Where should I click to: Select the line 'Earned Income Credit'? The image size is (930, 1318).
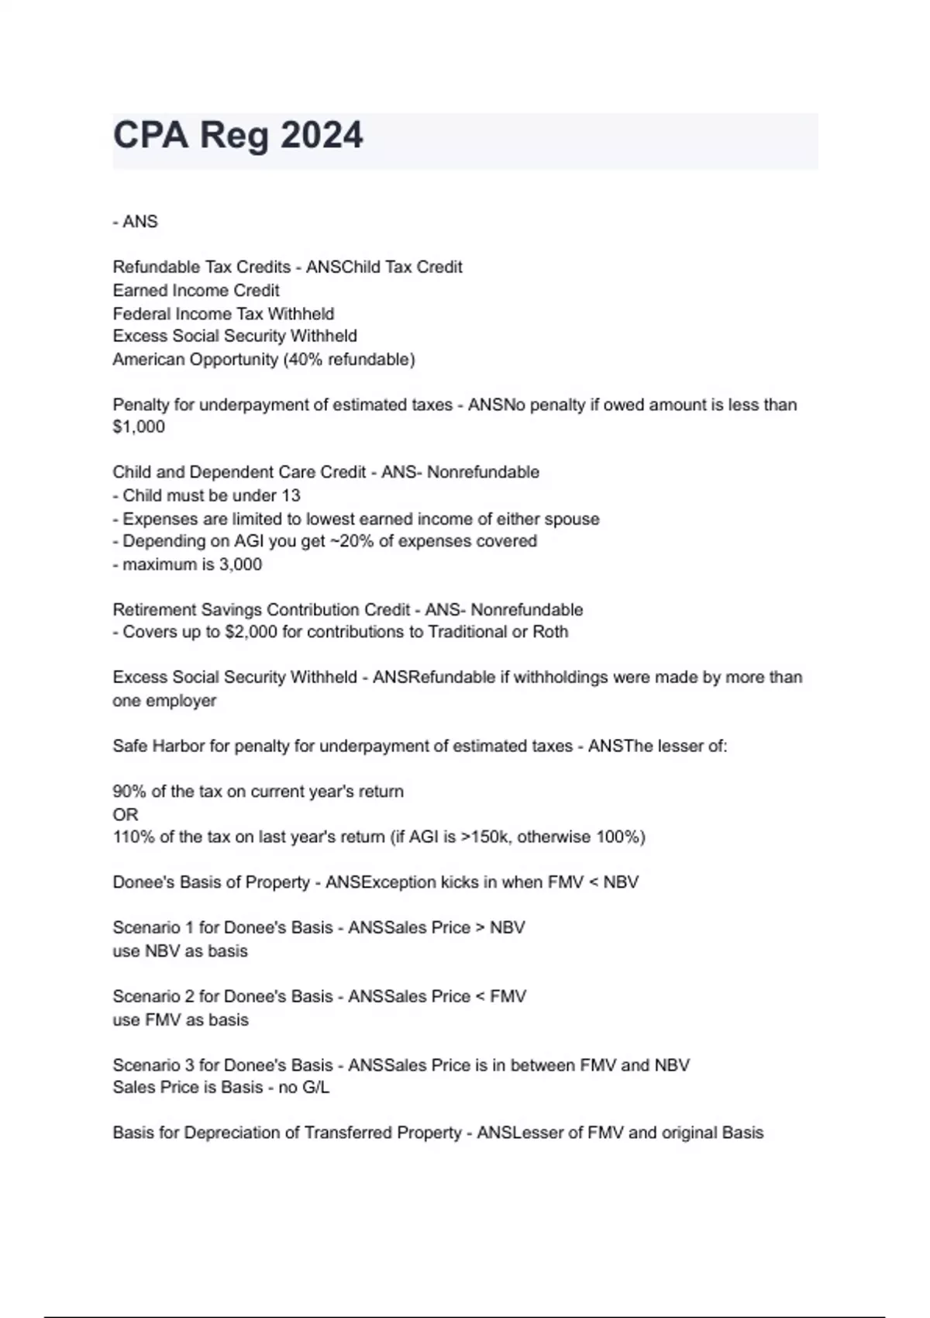pyautogui.click(x=196, y=291)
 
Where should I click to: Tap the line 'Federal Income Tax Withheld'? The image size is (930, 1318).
pyautogui.click(x=223, y=314)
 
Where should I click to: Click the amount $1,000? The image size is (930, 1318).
pyautogui.click(x=139, y=427)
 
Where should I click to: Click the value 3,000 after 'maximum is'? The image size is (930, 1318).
pyautogui.click(x=240, y=564)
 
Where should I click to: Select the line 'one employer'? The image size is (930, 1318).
pyautogui.click(x=164, y=701)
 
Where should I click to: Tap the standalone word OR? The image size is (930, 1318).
pyautogui.click(x=126, y=815)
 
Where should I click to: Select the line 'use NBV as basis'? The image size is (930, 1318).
pyautogui.click(x=180, y=951)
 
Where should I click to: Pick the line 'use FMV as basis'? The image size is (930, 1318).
pyautogui.click(x=181, y=1020)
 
